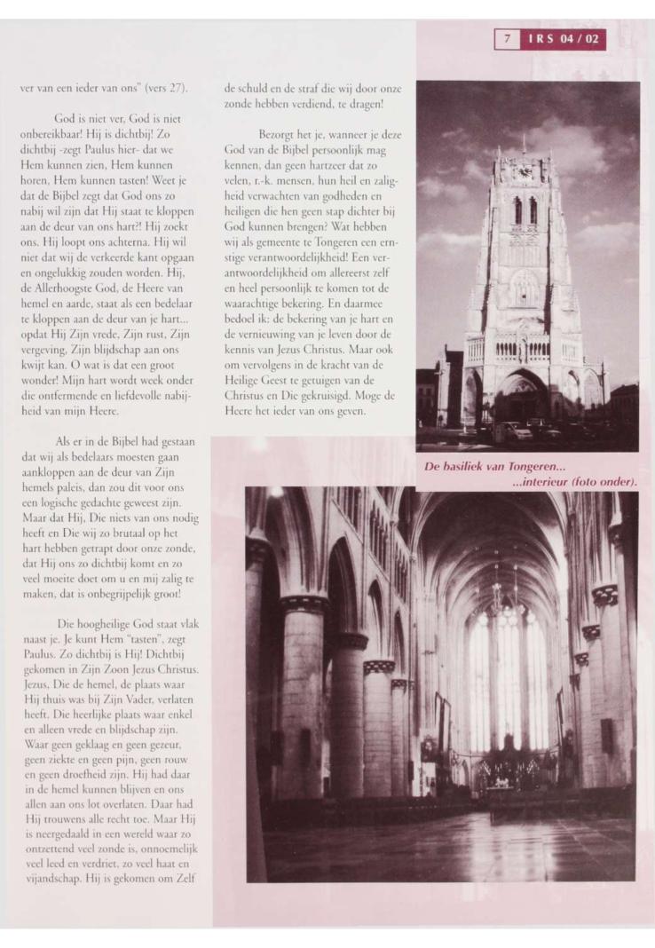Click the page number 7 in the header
[504, 39]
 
